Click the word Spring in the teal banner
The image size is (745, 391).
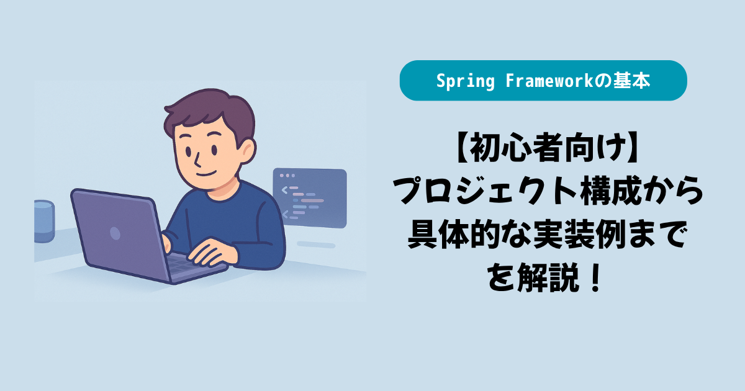click(465, 81)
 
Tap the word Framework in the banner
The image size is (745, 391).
click(549, 81)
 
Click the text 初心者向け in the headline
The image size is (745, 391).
click(548, 147)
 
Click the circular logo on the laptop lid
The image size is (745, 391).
click(115, 233)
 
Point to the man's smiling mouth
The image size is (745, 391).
click(206, 174)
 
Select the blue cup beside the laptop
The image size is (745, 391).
click(44, 221)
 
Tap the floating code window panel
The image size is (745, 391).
click(310, 197)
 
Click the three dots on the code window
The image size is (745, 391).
click(287, 175)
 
